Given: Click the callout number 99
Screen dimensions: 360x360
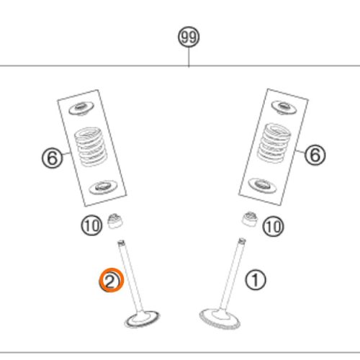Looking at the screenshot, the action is tap(189, 37).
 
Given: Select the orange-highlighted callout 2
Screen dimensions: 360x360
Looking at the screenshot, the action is tap(112, 280).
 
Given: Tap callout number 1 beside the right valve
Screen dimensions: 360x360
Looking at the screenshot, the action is tap(256, 280).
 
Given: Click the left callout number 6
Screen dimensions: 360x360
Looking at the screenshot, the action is tap(53, 158).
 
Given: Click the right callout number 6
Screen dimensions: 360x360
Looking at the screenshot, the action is tap(315, 154).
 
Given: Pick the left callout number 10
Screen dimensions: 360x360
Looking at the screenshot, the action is tap(91, 225).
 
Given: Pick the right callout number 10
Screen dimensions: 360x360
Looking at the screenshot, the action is tap(273, 226).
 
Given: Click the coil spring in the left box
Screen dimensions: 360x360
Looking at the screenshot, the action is tap(91, 147).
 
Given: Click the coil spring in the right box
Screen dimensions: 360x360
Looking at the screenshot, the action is tap(274, 143).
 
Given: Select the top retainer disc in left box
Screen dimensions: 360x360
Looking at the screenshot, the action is tap(81, 109).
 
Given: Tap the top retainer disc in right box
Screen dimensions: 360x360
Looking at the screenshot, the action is tap(284, 107).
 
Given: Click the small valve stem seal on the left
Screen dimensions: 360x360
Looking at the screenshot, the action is tap(114, 221).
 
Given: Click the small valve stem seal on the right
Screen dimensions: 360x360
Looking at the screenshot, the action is tap(250, 219).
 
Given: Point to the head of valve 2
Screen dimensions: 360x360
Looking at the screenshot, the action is tap(142, 319).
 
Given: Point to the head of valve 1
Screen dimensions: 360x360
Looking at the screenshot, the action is tap(220, 319).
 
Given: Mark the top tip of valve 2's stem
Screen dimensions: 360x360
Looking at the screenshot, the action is tap(121, 241).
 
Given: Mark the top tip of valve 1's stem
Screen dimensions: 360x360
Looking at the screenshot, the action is tap(242, 240).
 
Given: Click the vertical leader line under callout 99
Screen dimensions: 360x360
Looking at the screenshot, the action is tap(189, 57).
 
